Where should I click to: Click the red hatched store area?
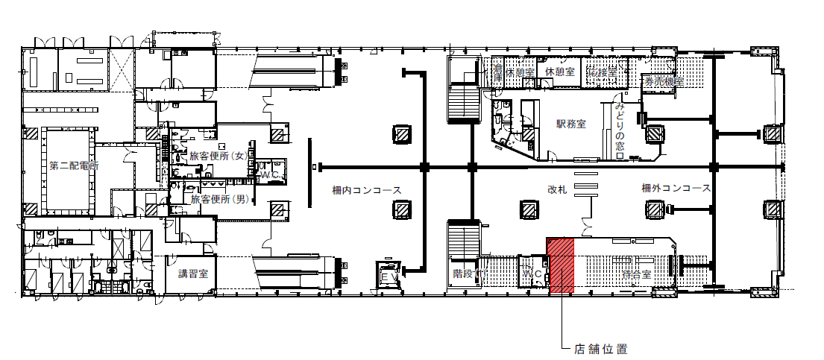coord(560,267)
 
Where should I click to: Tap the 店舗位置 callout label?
coord(600,349)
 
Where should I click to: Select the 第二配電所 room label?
coord(73,165)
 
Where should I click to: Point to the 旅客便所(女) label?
coord(218,157)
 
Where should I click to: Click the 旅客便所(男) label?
coord(218,199)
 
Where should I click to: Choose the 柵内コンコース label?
coord(367,190)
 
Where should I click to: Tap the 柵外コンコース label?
coord(676,189)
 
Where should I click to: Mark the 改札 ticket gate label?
coord(557,190)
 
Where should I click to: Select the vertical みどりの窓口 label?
coord(620,131)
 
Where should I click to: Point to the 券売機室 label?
coord(664,82)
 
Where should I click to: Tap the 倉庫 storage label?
coord(497,72)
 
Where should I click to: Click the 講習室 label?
coord(192,274)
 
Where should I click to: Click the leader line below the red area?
coord(561,320)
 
